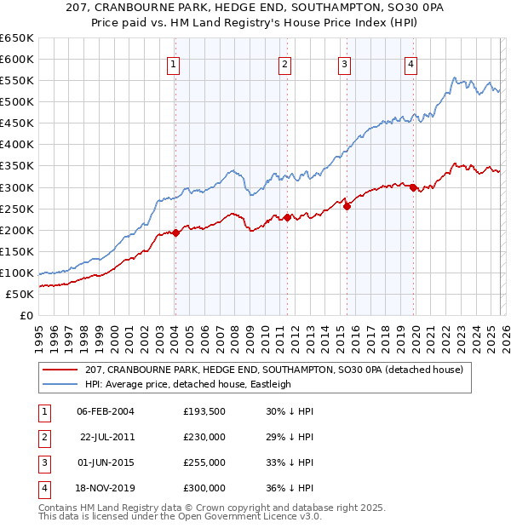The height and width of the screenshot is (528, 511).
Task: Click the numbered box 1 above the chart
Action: point(174,64)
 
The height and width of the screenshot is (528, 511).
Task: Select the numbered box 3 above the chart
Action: point(345,64)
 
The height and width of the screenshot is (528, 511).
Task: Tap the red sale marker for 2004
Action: point(175,232)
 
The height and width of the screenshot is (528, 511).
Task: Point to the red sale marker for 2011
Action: point(288,217)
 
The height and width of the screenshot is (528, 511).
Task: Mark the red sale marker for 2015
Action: point(347,206)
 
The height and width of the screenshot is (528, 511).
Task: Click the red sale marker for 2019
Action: point(414,187)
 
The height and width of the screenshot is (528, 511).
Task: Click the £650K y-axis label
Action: point(17,38)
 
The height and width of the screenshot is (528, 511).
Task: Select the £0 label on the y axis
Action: point(26,316)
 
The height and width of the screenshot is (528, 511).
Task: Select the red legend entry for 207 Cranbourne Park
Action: point(273,370)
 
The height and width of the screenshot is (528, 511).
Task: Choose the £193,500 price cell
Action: point(204,410)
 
